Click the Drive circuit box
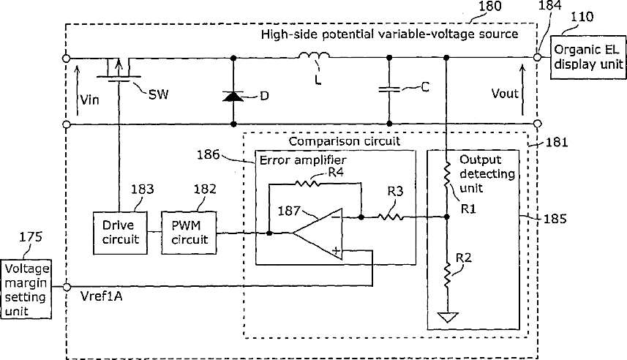120,233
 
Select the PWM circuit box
189,233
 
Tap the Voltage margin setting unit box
26,289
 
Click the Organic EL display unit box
588,57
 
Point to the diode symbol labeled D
233,96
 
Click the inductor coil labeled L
314,56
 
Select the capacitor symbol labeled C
389,89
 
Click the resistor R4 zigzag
307,183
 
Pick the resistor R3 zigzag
390,217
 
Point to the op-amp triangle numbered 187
318,234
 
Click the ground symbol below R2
448,318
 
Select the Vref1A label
101,296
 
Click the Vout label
505,94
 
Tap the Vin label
89,100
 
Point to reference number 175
31,237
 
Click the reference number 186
209,154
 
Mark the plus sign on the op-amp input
337,251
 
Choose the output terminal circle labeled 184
538,58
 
